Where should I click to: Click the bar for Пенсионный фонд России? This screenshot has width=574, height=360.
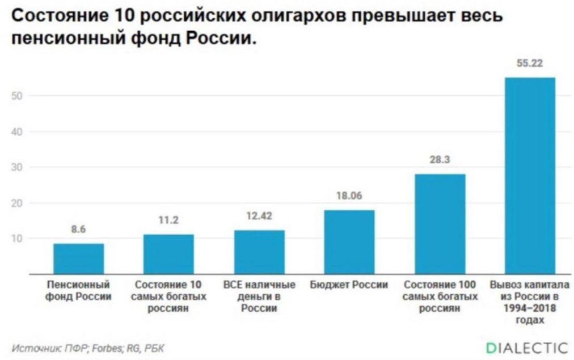tap(79, 259)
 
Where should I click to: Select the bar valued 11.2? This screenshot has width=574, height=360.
tap(168, 254)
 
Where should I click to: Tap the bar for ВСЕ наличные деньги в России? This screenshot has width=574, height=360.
tap(259, 252)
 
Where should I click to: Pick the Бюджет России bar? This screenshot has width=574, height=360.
tap(349, 242)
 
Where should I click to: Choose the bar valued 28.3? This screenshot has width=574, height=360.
tap(440, 224)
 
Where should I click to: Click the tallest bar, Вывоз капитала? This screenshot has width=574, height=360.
tap(530, 176)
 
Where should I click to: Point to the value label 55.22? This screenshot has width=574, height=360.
tap(530, 63)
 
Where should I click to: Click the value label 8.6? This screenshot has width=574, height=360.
tap(78, 230)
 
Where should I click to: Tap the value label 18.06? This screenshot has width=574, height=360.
tap(349, 196)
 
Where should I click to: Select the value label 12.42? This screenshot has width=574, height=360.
tap(259, 216)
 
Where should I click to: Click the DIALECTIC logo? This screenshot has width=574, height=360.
tap(526, 347)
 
